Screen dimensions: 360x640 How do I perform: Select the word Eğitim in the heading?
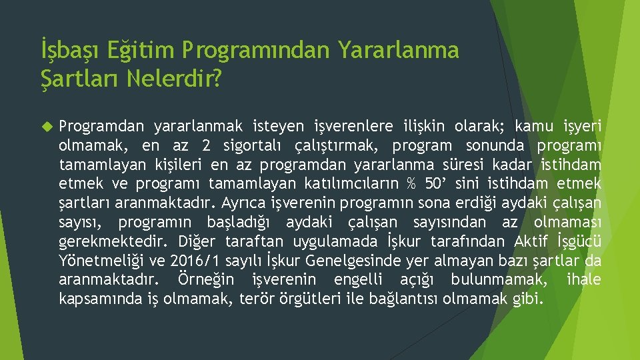tap(136, 50)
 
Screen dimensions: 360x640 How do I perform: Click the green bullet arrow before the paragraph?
tap(46, 125)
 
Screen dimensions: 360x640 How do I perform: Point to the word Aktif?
tap(533, 241)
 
